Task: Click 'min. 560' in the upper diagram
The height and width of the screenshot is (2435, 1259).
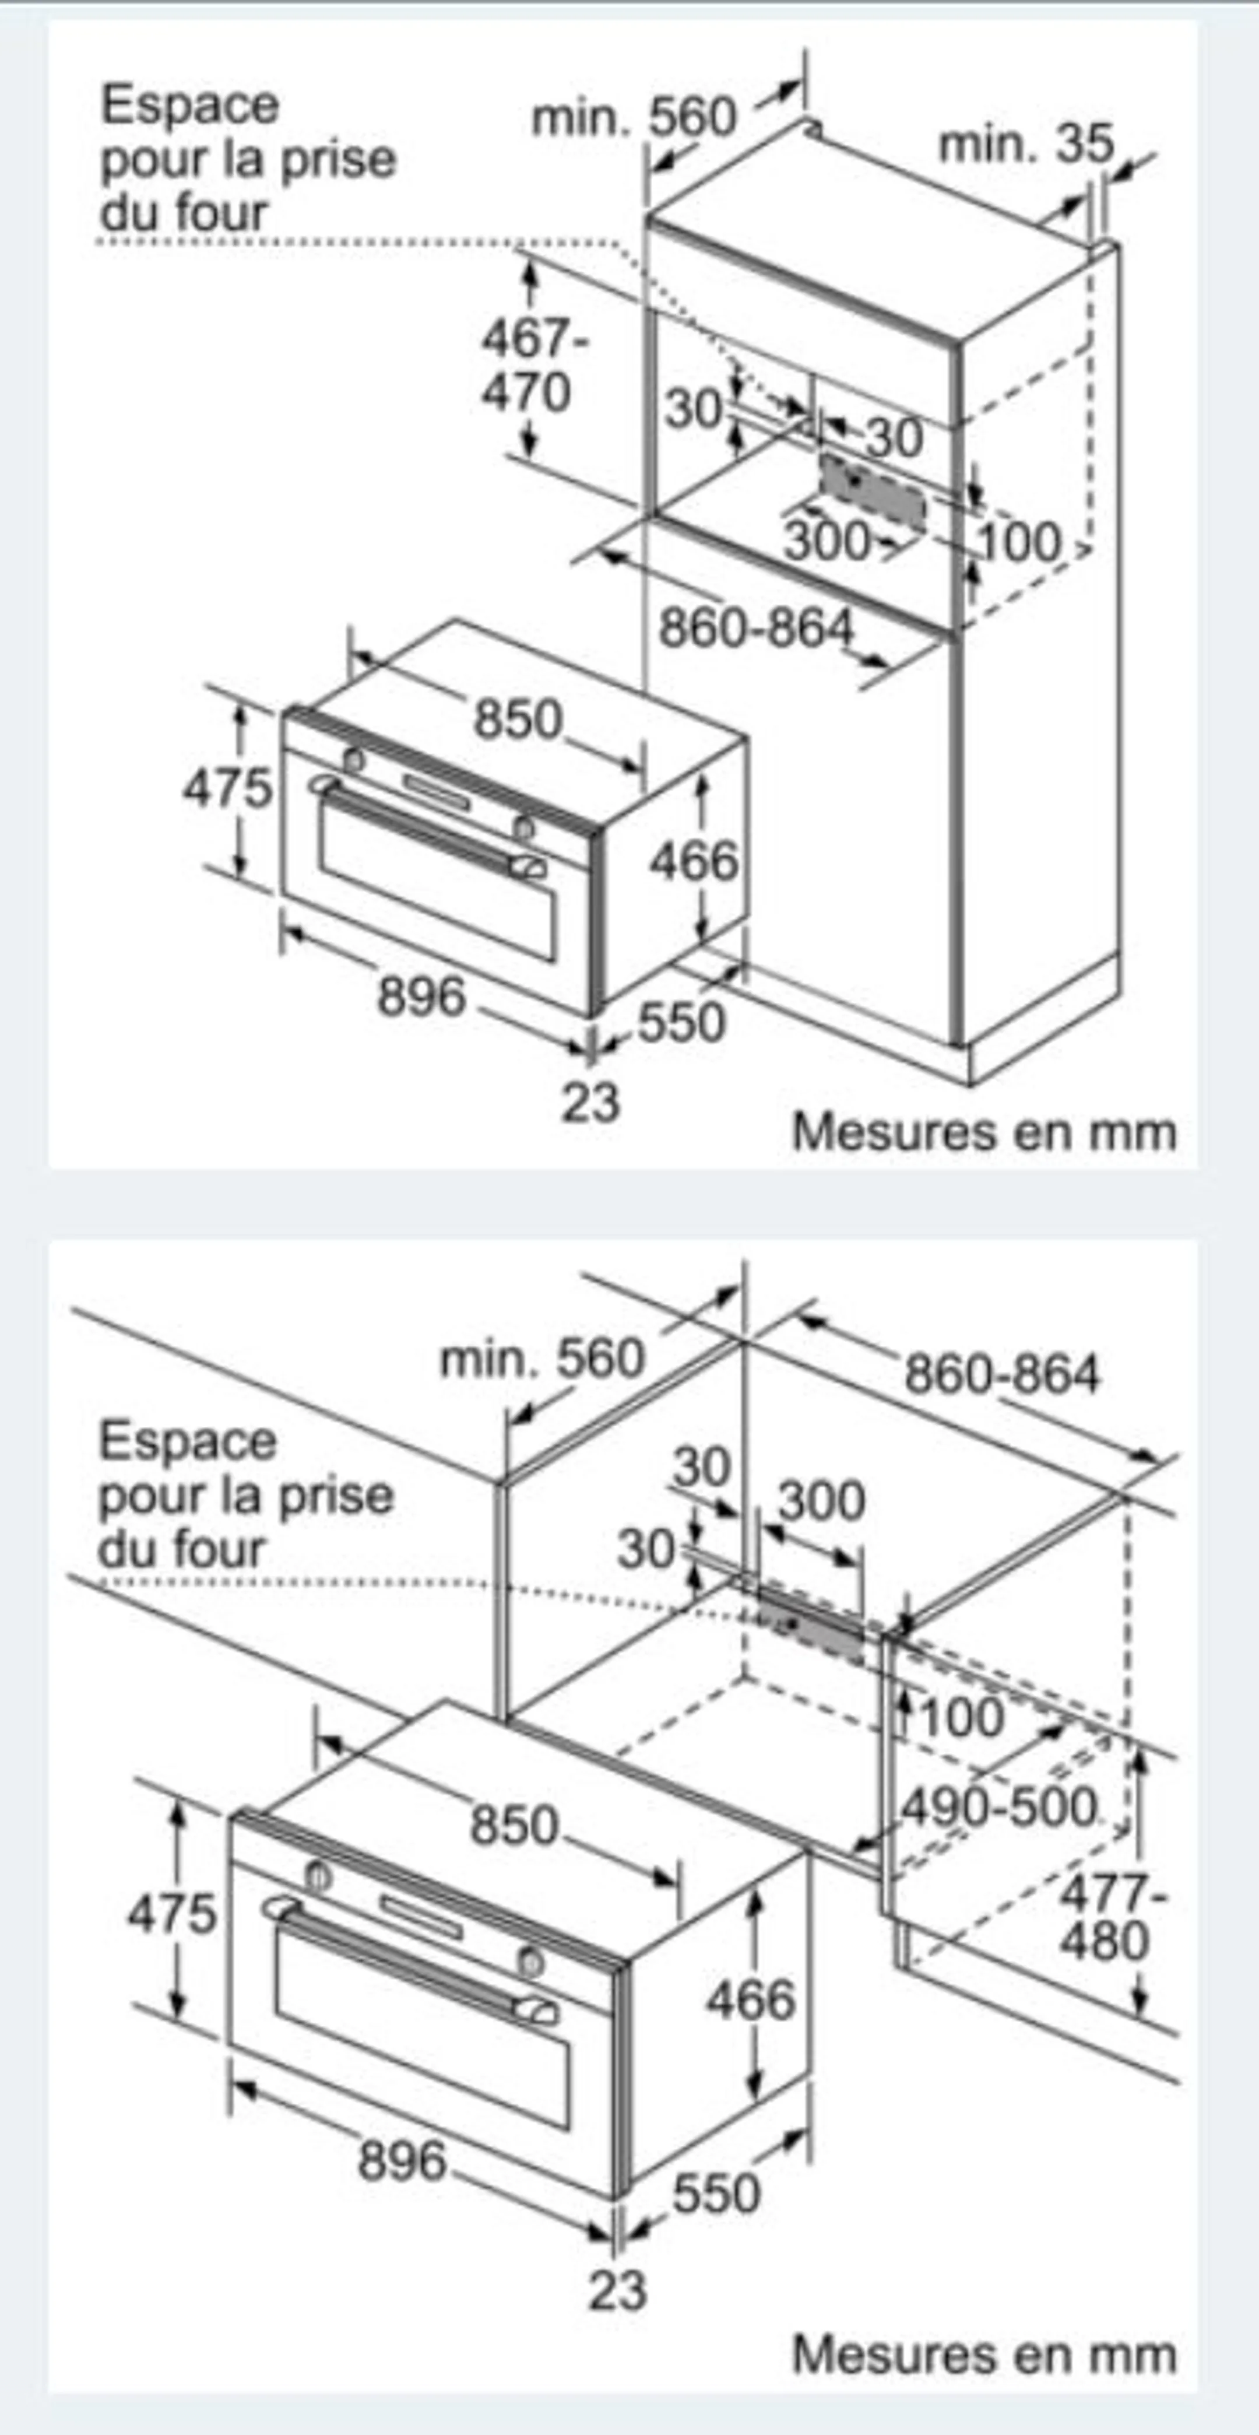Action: (x=634, y=117)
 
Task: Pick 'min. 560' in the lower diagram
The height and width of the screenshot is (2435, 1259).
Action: (x=541, y=1359)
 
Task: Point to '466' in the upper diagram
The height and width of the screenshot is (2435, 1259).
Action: (x=694, y=862)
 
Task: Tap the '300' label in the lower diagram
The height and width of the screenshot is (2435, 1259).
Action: (x=821, y=1501)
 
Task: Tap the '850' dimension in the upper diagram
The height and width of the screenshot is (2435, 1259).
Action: (x=518, y=720)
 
